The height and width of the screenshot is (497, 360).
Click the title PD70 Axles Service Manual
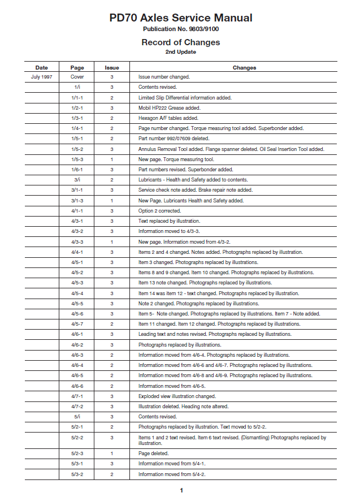pyautogui.click(x=181, y=18)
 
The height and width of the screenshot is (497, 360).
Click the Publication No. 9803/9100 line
pyautogui.click(x=181, y=29)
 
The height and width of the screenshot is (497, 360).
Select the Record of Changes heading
pyautogui.click(x=181, y=42)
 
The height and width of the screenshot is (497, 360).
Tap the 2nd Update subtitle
pyautogui.click(x=181, y=52)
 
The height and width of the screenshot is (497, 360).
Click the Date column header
pyautogui.click(x=42, y=67)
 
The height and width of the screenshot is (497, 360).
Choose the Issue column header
pyautogui.click(x=112, y=67)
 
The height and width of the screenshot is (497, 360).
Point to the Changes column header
pyautogui.click(x=244, y=67)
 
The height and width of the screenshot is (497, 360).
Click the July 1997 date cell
pyautogui.click(x=42, y=77)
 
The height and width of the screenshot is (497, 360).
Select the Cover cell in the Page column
pyautogui.click(x=77, y=77)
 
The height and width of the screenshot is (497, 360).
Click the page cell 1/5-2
pyautogui.click(x=77, y=149)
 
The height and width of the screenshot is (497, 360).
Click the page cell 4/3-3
pyautogui.click(x=77, y=241)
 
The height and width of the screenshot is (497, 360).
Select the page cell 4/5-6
pyautogui.click(x=77, y=314)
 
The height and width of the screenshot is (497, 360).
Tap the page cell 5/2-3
pyautogui.click(x=77, y=453)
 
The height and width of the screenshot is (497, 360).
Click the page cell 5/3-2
pyautogui.click(x=77, y=474)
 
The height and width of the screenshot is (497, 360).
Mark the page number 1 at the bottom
pyautogui.click(x=181, y=490)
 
